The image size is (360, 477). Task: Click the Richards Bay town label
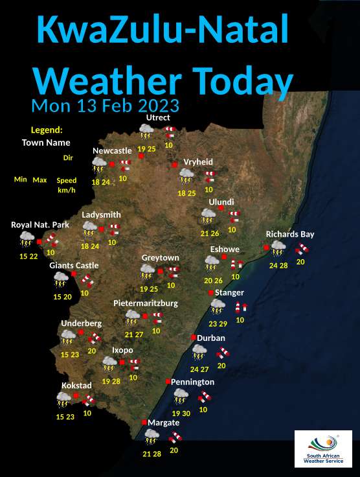click(x=289, y=234)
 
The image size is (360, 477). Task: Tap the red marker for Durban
click(x=193, y=338)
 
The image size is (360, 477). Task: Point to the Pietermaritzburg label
click(x=145, y=303)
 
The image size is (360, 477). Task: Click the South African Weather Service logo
click(x=323, y=448)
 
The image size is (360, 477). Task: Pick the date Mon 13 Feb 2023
click(x=105, y=105)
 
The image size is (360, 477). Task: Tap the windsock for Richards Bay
click(x=302, y=248)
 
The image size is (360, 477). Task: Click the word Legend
click(x=47, y=130)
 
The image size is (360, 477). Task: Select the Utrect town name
click(x=158, y=117)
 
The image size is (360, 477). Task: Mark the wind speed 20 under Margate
click(x=174, y=450)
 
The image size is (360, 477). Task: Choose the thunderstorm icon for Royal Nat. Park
click(x=27, y=240)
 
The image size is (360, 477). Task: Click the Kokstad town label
click(x=76, y=386)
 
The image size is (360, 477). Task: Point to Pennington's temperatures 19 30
click(x=181, y=413)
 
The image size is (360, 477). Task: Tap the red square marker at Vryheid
click(x=175, y=165)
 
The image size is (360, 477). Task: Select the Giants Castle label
click(x=74, y=266)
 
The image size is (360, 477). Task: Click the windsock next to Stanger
click(x=241, y=307)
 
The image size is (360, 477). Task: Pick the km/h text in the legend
click(x=66, y=191)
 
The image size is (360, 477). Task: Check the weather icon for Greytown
click(x=148, y=273)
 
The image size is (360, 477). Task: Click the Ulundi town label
click(x=221, y=202)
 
